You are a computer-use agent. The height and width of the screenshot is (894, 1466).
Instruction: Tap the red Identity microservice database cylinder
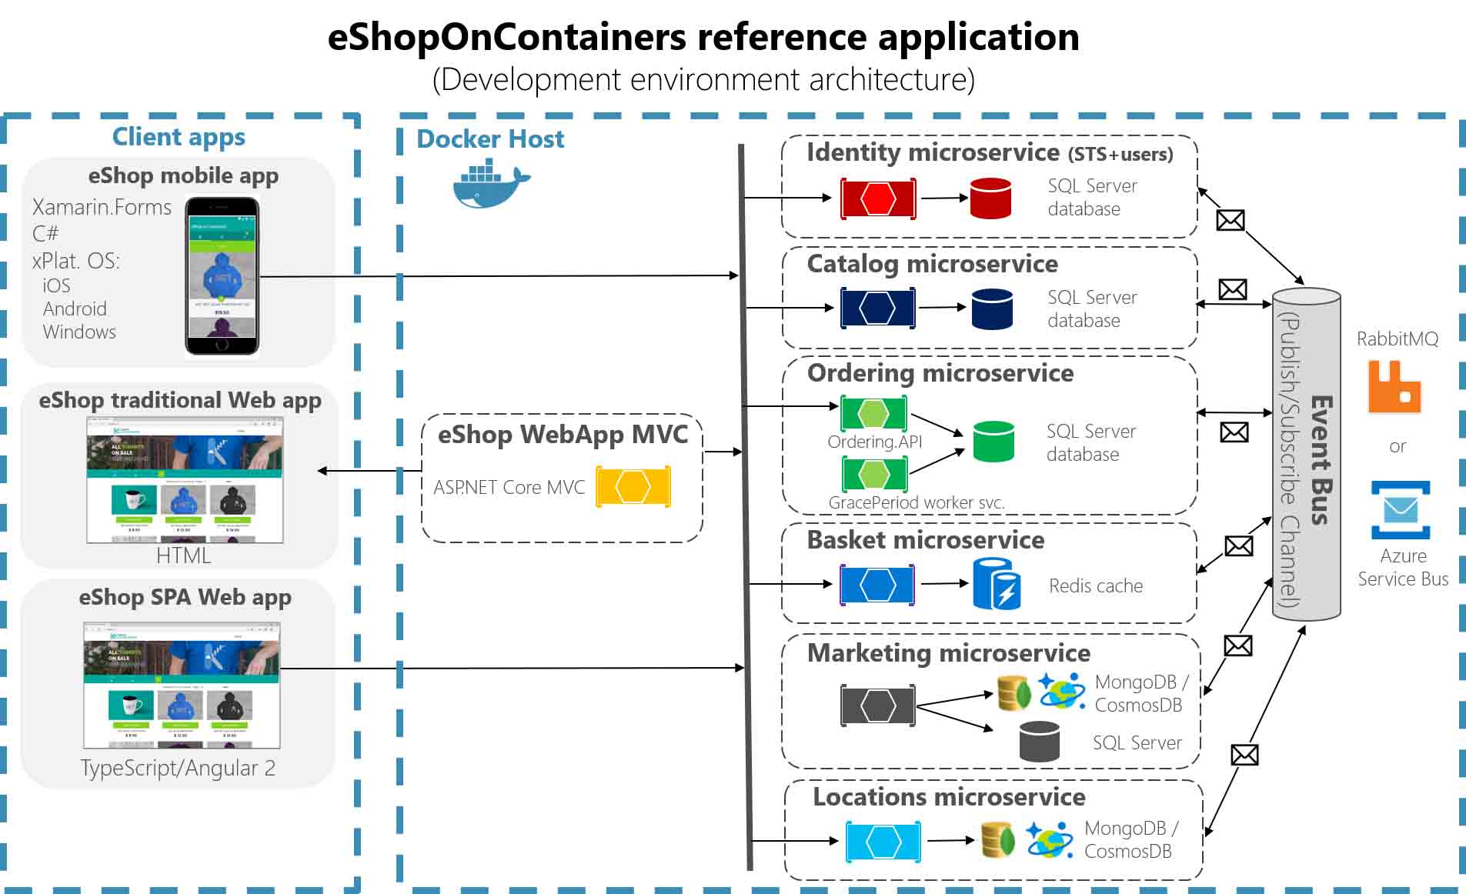[x=990, y=198]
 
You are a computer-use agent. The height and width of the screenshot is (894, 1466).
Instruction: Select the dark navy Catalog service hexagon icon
[x=877, y=309]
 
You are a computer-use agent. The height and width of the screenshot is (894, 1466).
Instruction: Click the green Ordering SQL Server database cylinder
[x=993, y=442]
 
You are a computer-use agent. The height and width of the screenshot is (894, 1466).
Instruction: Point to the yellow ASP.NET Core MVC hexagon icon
[x=633, y=487]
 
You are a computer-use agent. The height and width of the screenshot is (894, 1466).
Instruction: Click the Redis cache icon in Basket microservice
[x=997, y=584]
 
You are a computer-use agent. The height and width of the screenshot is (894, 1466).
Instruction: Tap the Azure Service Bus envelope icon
[x=1401, y=510]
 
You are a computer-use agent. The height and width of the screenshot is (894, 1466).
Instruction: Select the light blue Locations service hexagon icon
[x=883, y=842]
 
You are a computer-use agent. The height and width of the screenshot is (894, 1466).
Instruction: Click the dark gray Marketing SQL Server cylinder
[x=1039, y=742]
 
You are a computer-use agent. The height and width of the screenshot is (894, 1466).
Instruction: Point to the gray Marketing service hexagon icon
[x=877, y=706]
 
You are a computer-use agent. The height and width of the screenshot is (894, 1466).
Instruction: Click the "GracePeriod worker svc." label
[x=916, y=502]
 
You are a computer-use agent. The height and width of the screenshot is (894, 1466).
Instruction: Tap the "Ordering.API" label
[x=874, y=442]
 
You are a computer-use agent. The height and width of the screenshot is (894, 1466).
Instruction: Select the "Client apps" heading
[x=179, y=137]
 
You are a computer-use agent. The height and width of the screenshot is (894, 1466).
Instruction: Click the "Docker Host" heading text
[x=490, y=139]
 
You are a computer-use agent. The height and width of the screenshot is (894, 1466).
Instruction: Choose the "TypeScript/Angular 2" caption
[x=178, y=768]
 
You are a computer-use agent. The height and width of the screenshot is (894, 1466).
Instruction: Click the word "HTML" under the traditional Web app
[x=183, y=555]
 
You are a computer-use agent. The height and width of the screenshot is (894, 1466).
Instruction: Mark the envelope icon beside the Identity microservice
[x=1230, y=221]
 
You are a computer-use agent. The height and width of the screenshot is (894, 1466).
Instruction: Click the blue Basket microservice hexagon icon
[x=877, y=585]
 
